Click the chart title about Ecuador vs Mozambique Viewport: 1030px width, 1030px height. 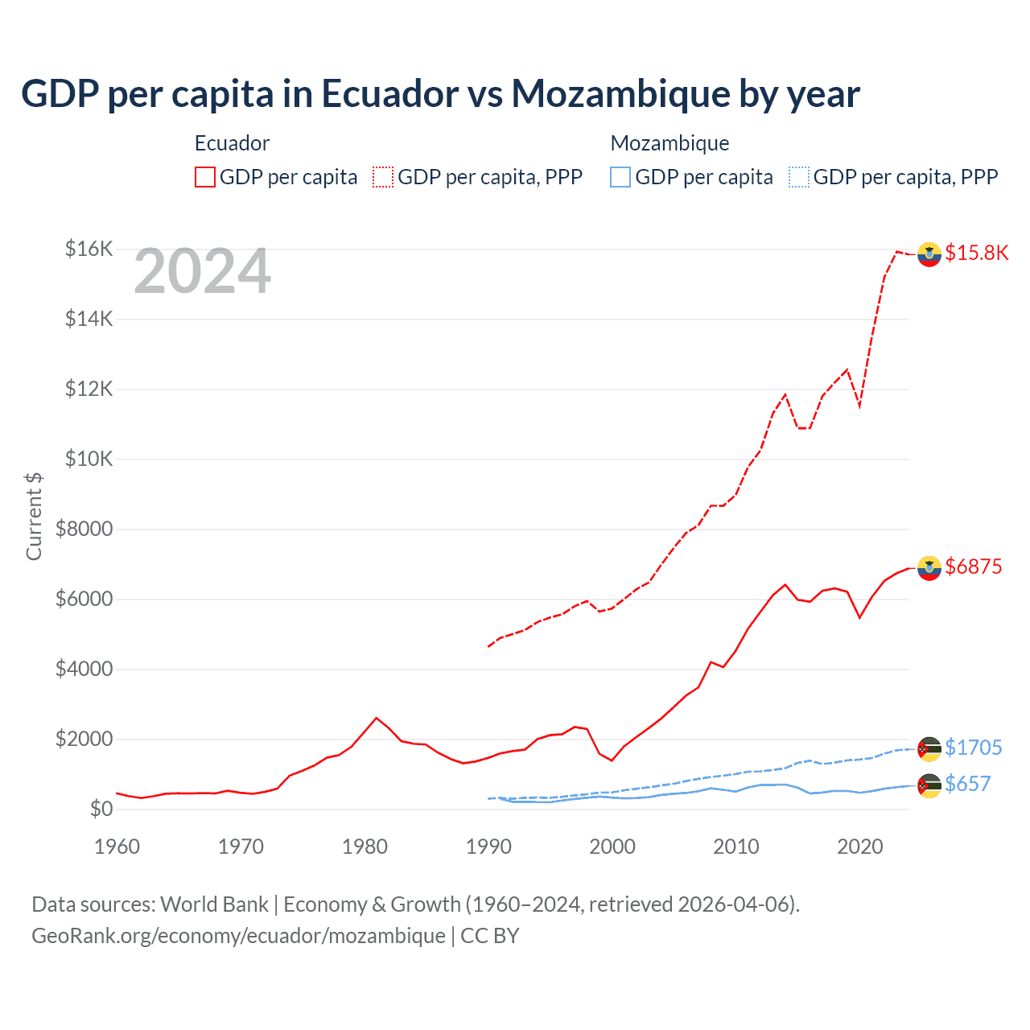(x=440, y=93)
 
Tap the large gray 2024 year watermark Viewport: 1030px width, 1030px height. (x=202, y=272)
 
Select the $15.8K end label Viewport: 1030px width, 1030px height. (x=976, y=253)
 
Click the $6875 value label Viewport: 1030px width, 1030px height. (x=973, y=566)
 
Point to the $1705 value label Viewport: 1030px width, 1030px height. (x=973, y=748)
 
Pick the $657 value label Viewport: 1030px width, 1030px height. (x=967, y=784)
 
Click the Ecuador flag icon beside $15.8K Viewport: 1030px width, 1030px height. (x=929, y=253)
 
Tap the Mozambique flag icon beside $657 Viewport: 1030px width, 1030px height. (x=929, y=785)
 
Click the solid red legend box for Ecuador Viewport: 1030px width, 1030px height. (x=205, y=177)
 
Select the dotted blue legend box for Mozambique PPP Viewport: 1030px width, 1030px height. (x=798, y=177)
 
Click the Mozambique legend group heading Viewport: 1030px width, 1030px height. (x=669, y=143)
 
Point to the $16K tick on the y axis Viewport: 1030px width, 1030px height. (x=89, y=249)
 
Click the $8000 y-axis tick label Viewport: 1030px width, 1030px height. (x=84, y=529)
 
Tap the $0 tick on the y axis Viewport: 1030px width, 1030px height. (x=101, y=809)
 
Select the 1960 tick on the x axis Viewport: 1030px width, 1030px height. (x=117, y=847)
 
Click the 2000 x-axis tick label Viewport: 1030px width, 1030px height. (x=612, y=847)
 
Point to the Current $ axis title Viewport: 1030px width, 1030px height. (x=34, y=516)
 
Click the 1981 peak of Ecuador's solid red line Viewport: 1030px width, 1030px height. (x=377, y=718)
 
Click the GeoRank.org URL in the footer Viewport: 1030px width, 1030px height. (x=238, y=936)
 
